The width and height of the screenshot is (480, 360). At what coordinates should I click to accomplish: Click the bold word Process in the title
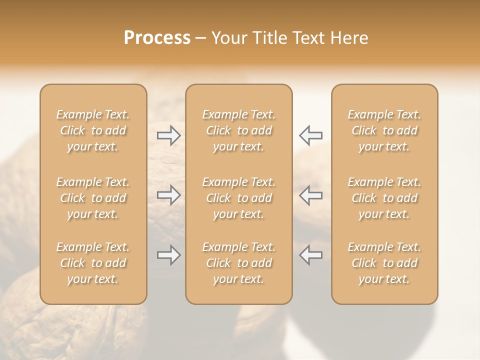(x=157, y=38)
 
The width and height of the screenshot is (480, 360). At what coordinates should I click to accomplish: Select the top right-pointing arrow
(x=169, y=135)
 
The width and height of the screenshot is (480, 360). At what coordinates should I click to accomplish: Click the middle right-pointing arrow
(x=169, y=194)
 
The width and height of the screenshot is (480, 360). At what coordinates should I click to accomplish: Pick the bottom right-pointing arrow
(x=169, y=255)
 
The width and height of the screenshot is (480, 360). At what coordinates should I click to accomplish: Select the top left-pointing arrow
(x=310, y=135)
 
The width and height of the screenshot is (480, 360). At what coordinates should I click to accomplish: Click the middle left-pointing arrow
(x=310, y=194)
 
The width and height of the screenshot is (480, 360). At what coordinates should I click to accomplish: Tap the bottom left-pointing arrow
(x=310, y=255)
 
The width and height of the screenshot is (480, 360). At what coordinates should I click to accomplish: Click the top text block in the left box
(x=93, y=130)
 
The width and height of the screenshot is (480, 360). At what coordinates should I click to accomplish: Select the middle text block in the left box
(x=93, y=198)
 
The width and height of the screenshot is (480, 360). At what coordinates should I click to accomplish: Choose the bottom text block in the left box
(x=93, y=263)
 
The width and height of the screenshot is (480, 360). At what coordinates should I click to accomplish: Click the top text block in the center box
(x=239, y=130)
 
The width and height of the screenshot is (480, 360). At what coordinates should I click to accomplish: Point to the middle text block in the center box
(x=239, y=198)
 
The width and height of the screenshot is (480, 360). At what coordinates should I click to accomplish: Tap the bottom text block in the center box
(x=239, y=263)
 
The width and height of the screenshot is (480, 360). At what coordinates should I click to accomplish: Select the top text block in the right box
(x=384, y=130)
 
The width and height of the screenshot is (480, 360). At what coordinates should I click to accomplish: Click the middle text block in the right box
(x=384, y=198)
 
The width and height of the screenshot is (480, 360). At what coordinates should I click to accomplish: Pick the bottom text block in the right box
(x=384, y=263)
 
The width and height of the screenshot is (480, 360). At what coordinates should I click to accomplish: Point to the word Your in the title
(x=229, y=38)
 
